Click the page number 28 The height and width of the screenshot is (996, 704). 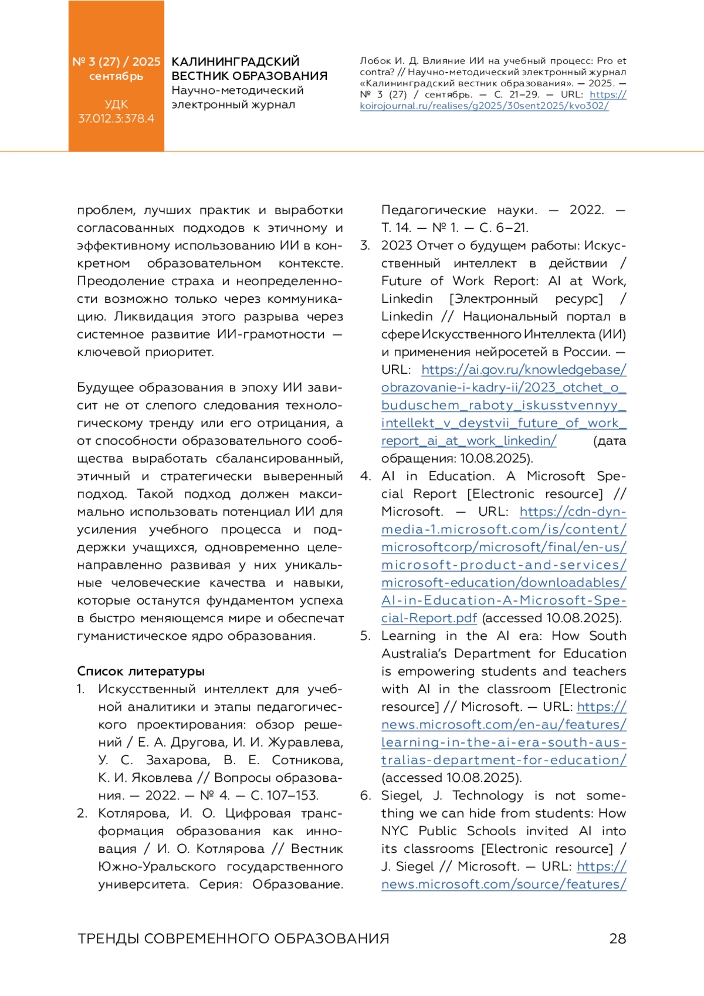(x=617, y=938)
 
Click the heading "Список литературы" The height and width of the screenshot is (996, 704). (x=141, y=671)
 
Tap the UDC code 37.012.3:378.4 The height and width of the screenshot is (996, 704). (x=116, y=118)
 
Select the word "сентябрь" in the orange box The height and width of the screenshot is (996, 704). (x=116, y=76)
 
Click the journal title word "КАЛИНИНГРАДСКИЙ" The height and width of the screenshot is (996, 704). (x=235, y=62)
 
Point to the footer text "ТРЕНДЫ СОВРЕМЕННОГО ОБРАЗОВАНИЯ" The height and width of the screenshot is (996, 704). (x=233, y=938)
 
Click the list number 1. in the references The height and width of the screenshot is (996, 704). (x=81, y=689)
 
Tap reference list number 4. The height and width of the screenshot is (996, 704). (x=365, y=476)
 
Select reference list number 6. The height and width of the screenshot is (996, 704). (x=365, y=795)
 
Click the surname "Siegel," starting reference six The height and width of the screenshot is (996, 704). (x=401, y=795)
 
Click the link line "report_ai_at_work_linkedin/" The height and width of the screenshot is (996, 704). (x=469, y=441)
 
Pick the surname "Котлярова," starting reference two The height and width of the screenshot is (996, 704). (x=133, y=813)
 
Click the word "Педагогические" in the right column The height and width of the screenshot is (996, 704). (x=433, y=210)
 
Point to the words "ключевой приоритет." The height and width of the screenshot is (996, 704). (x=145, y=352)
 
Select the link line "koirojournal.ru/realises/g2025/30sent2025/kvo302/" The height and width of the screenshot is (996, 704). (x=484, y=106)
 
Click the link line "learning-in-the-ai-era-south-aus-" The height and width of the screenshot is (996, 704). (x=503, y=742)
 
